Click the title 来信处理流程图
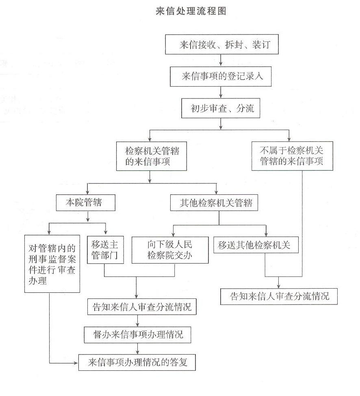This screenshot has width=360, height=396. [x=191, y=11]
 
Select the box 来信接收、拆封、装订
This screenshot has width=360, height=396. [x=222, y=44]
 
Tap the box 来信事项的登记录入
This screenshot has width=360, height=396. [x=221, y=76]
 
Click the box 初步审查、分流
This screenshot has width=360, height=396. [x=221, y=108]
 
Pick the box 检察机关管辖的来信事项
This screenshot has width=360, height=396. [x=152, y=156]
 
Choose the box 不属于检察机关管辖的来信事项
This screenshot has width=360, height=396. [x=292, y=156]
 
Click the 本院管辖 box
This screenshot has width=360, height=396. [x=86, y=202]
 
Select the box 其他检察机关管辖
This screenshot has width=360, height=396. [x=214, y=202]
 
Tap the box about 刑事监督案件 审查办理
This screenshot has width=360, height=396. [x=52, y=264]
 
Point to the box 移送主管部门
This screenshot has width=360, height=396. [x=105, y=250]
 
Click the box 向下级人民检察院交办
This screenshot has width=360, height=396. [x=170, y=250]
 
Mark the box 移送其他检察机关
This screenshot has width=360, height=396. [x=256, y=245]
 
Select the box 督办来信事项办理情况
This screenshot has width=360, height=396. [x=138, y=335]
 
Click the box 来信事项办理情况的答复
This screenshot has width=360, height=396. [x=137, y=362]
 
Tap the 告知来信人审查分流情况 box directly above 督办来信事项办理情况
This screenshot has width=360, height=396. [x=142, y=307]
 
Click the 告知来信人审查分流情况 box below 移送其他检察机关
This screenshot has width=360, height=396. [x=279, y=296]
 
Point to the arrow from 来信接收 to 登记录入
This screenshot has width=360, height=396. [x=221, y=60]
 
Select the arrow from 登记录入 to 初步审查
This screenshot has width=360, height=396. [x=221, y=92]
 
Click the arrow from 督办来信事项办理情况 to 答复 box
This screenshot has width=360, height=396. [x=138, y=349]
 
